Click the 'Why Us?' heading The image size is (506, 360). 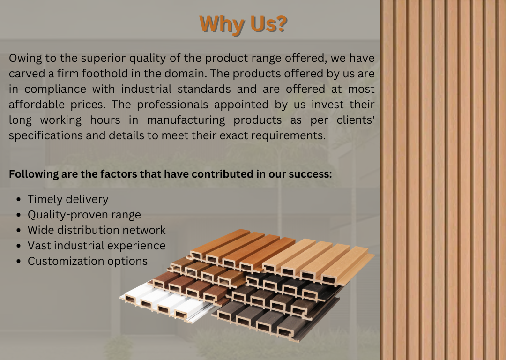(x=243, y=24)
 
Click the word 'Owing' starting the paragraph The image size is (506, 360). (x=25, y=59)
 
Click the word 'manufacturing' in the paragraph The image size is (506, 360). (x=186, y=120)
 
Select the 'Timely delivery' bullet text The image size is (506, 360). (x=68, y=199)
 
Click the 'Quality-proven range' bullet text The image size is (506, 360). (x=84, y=215)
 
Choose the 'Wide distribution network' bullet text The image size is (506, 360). (x=97, y=230)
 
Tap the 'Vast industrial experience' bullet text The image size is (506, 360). (x=97, y=246)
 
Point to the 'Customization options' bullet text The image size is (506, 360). (x=88, y=261)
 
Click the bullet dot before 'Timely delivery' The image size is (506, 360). (x=18, y=200)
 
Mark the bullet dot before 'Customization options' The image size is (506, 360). (x=18, y=262)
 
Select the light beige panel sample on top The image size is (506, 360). (x=318, y=262)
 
